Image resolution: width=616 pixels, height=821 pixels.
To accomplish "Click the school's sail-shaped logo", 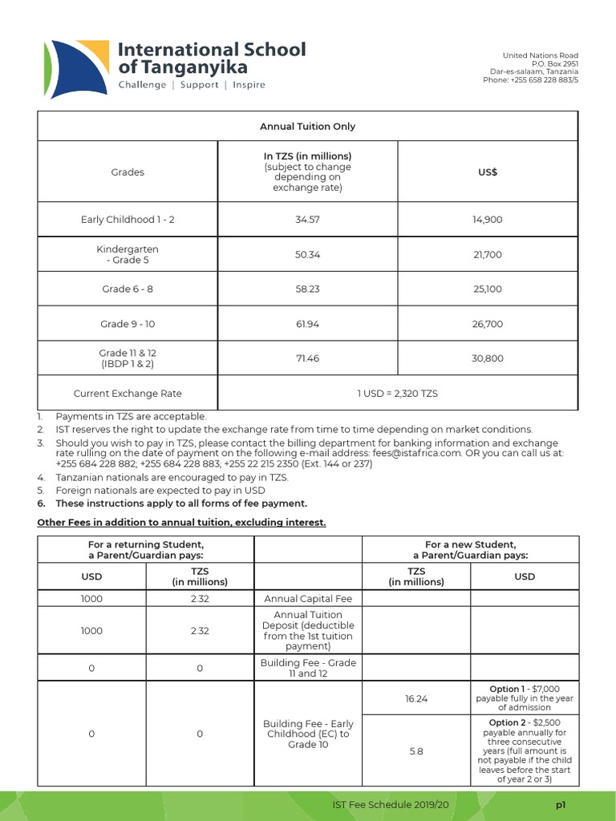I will tap(71, 66).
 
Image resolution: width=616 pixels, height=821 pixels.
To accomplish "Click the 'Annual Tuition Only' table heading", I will tap(307, 126).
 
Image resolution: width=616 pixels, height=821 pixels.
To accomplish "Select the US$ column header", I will tap(487, 172).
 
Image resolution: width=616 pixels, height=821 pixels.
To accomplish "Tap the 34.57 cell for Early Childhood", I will tap(307, 220).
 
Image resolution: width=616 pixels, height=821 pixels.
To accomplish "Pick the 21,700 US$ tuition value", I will tap(487, 255).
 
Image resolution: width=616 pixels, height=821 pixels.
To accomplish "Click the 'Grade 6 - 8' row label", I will tap(128, 289).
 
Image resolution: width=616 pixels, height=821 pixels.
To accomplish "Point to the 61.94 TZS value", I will tap(307, 324).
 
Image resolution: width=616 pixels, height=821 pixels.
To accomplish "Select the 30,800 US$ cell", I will tap(487, 358).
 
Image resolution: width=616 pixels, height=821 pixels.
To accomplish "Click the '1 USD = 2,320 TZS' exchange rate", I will tap(397, 394).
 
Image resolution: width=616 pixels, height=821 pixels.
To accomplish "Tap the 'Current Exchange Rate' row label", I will tap(128, 394).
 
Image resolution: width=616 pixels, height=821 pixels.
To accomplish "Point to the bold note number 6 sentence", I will tap(180, 504).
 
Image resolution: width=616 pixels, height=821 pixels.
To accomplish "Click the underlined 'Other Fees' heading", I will tap(182, 523).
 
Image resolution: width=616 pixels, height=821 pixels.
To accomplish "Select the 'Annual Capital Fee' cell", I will tap(307, 598).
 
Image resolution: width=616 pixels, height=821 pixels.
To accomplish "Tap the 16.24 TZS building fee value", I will tap(416, 698).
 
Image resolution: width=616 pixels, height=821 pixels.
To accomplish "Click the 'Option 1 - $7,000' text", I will tap(524, 689).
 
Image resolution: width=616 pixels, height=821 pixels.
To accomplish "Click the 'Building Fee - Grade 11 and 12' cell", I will tap(307, 668).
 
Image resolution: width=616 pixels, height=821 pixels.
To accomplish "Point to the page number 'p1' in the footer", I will tap(561, 804).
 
